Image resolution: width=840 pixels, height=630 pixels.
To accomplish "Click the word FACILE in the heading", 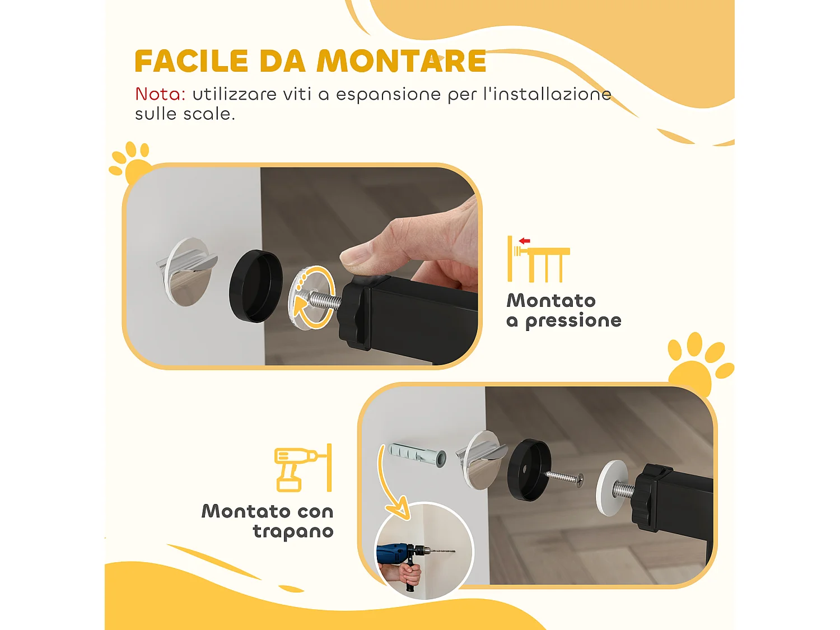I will pos(192,61).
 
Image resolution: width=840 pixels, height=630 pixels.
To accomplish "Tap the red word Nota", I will pos(160,94).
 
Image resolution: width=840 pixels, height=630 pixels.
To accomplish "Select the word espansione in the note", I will pos(388,95).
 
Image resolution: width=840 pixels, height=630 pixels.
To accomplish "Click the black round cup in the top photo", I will pos(255,286).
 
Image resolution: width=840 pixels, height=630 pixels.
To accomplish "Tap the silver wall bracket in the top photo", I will pos(185,272).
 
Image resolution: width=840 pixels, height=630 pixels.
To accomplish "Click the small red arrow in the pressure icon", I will pos(524,241).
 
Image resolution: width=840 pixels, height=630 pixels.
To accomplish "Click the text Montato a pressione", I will pos(563,310).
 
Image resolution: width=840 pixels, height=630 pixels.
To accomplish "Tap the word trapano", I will pos(293,531).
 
